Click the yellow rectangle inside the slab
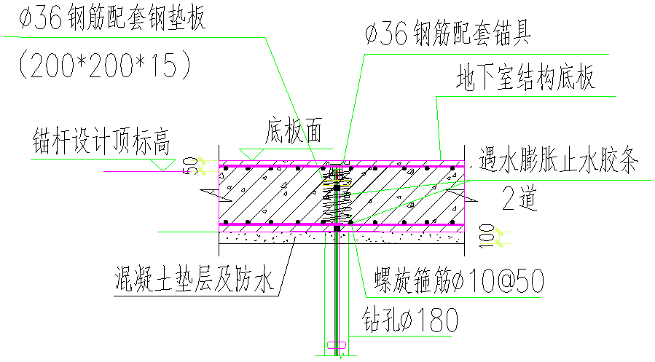coord(337,183)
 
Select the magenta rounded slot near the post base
coord(336,345)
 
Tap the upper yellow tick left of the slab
coord(202,160)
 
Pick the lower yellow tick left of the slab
coord(202,171)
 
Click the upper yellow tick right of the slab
coord(498,232)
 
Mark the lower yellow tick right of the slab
coord(499,243)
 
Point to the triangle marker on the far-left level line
coord(162,165)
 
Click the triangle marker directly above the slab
coord(251,154)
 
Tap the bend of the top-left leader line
coord(265,37)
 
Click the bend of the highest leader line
coord(364,54)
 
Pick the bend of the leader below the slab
coord(366,297)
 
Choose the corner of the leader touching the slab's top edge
coord(436,96)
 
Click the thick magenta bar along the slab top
coord(277,167)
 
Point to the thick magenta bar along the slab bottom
coord(277,224)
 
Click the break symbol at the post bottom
coord(340,358)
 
